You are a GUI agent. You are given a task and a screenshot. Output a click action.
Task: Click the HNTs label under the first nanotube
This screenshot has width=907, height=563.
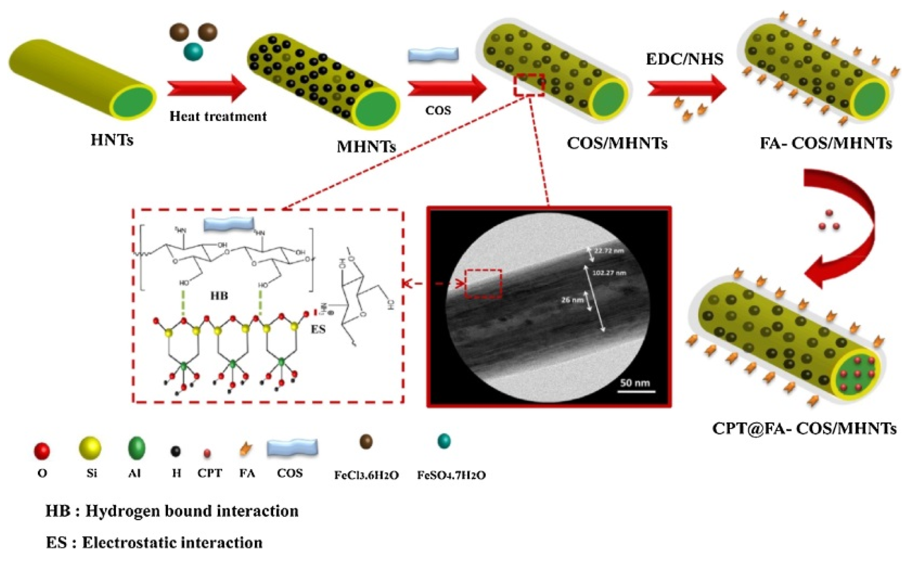point(112,140)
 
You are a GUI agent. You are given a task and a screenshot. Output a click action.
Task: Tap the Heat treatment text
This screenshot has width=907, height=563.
point(218,116)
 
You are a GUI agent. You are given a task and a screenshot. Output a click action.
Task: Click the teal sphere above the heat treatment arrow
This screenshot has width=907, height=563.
point(194,52)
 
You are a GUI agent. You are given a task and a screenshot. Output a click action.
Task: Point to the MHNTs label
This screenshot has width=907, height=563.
point(366,147)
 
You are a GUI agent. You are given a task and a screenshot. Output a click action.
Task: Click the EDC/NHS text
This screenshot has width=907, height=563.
point(684,59)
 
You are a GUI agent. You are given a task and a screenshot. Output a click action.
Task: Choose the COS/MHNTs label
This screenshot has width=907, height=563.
point(617,143)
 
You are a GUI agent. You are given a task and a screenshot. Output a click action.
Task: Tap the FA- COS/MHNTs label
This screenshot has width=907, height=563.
point(826,143)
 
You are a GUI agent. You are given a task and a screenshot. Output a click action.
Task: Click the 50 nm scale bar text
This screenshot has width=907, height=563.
point(635,383)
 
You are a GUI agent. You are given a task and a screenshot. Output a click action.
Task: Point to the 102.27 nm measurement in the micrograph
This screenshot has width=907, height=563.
point(609,273)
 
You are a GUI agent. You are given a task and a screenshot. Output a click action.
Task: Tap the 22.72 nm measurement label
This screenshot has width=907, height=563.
point(609,251)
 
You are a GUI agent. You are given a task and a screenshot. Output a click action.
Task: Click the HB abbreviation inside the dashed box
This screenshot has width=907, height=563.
point(219,296)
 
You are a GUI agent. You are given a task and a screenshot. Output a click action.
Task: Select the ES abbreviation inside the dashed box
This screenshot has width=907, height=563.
point(318,329)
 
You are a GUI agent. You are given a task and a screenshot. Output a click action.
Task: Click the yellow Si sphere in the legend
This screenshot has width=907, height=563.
point(90,448)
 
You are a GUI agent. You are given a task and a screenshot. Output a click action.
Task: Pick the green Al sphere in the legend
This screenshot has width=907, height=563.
point(137,448)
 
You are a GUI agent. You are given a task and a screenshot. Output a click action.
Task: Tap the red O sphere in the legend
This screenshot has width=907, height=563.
point(42,451)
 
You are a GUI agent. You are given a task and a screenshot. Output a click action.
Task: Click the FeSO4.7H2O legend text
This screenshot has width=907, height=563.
point(451,475)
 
